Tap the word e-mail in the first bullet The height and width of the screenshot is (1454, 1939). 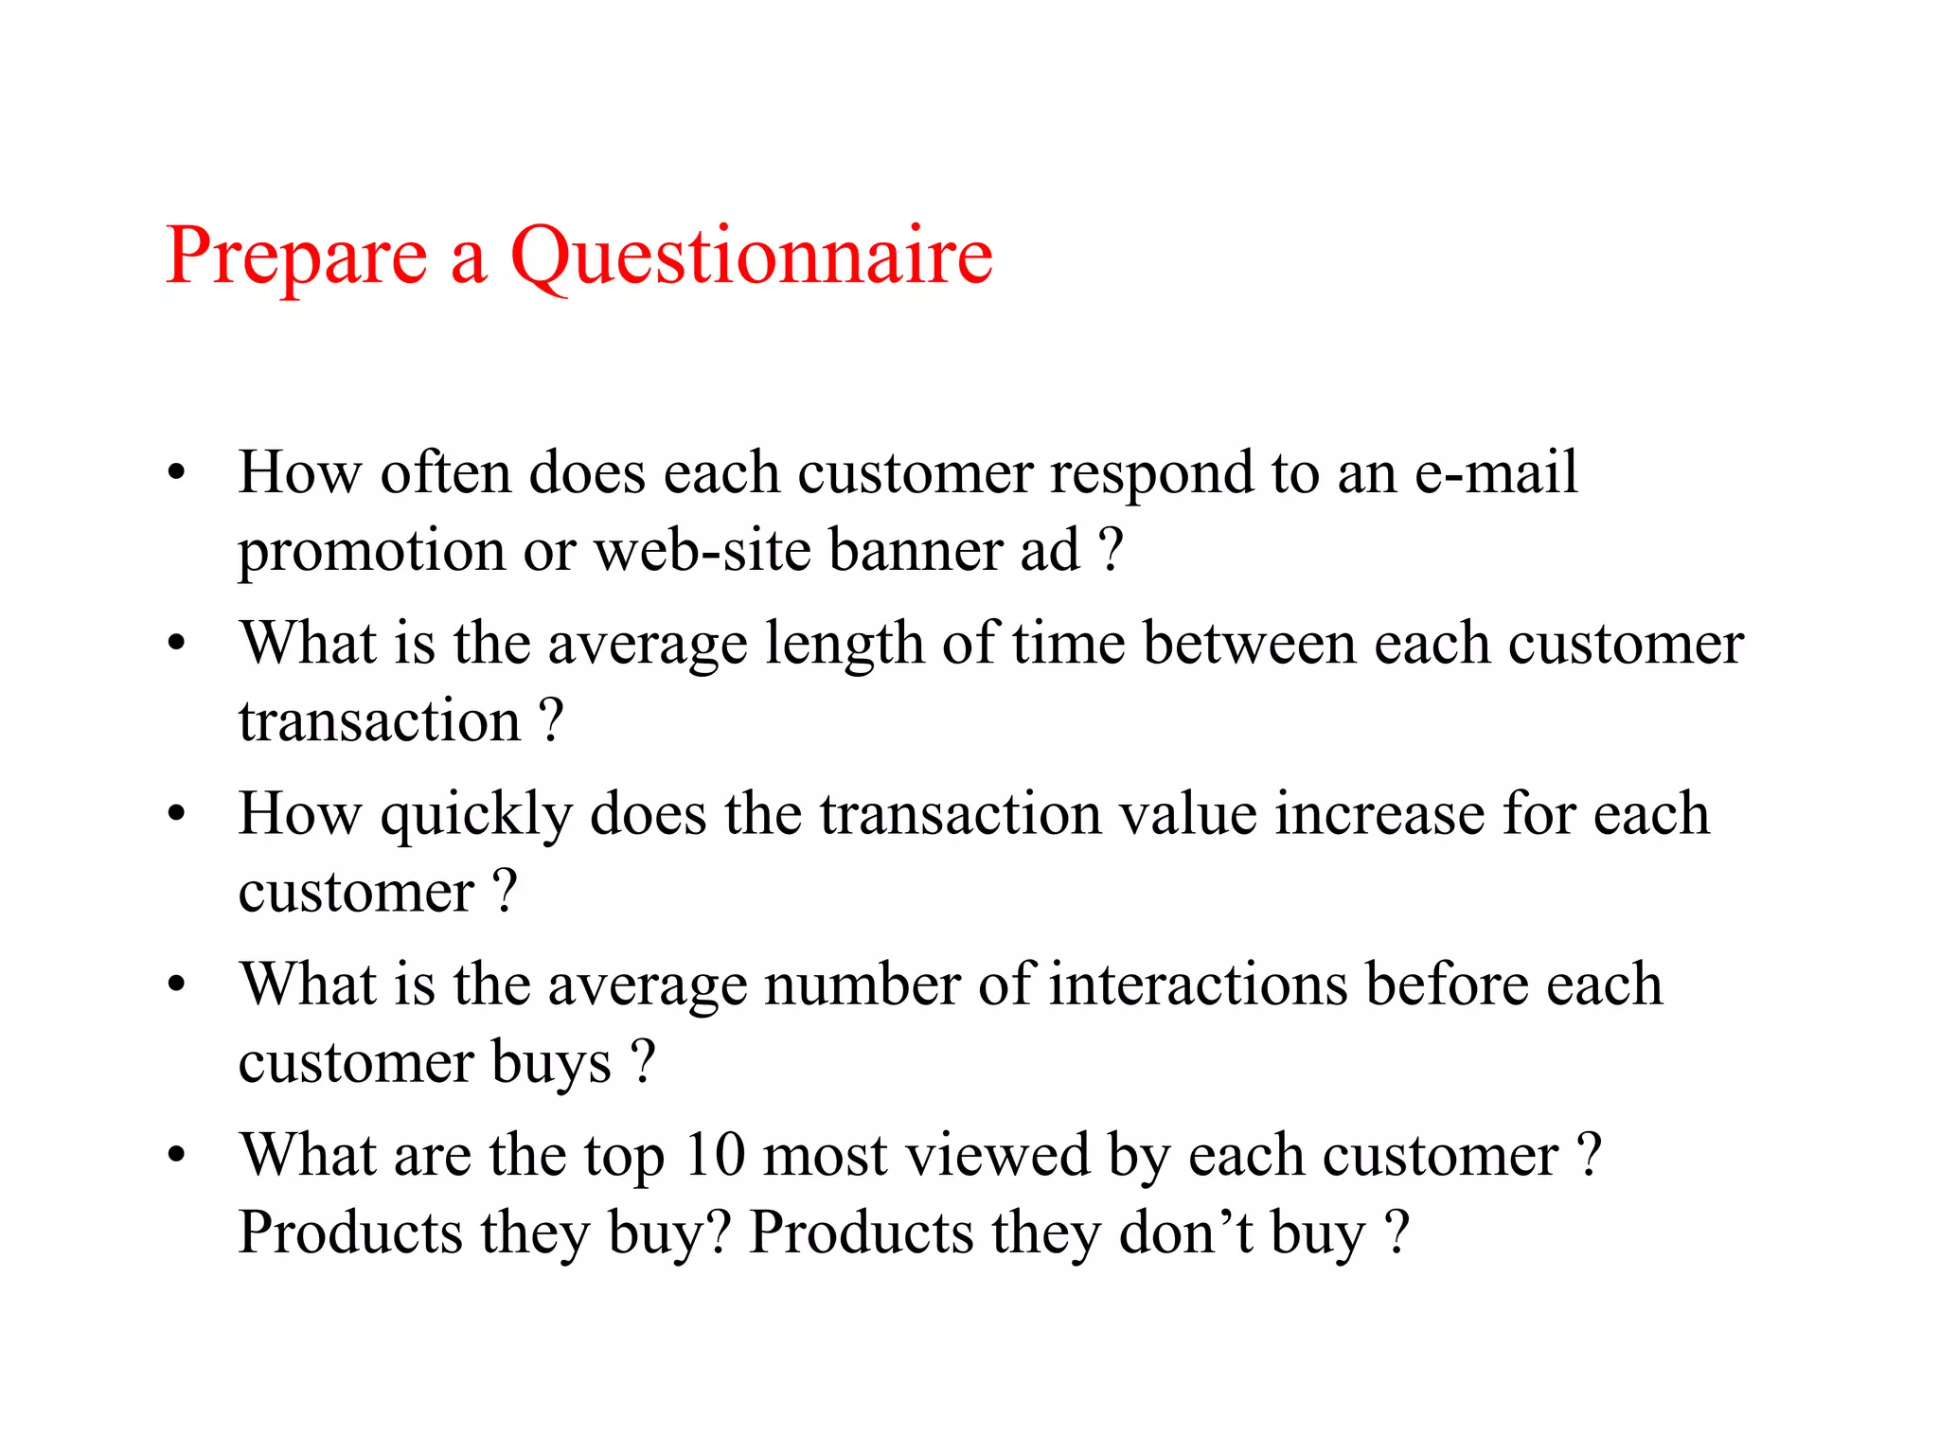pos(1495,471)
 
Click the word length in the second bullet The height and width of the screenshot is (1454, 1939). pos(844,644)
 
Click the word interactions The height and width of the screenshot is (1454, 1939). pos(1198,984)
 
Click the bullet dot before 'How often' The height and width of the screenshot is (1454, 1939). pos(176,472)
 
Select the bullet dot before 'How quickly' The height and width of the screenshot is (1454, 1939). pos(176,814)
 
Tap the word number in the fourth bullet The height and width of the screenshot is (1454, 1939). pos(862,984)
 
